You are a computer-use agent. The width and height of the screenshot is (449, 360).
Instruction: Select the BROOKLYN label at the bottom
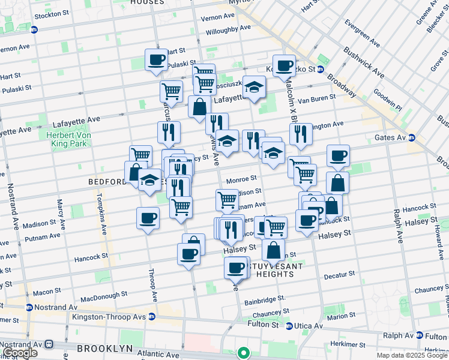104,349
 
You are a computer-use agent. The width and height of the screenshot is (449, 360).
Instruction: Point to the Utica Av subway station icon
289,326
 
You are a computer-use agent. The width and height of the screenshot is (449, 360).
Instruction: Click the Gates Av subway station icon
412,138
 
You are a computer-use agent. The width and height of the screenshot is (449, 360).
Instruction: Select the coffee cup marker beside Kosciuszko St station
284,65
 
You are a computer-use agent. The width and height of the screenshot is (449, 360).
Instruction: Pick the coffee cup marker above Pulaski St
156,60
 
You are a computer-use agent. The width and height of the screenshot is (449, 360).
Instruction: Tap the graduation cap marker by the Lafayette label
254,86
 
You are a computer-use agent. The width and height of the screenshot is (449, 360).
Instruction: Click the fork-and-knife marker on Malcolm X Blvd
300,134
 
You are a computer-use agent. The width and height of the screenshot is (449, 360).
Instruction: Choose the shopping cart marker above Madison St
227,199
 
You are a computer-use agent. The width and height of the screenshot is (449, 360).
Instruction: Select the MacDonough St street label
106,298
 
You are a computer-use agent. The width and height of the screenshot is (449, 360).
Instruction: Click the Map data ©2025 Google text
412,355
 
